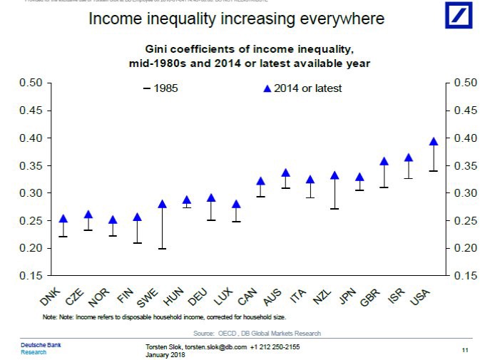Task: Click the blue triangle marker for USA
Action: coord(433,141)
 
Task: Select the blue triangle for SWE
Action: coord(162,204)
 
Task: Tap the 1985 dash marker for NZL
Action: coord(335,209)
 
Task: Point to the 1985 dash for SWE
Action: coord(162,249)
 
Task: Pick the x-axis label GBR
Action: coord(371,296)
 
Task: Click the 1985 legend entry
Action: coord(160,88)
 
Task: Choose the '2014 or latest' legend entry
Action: coord(302,88)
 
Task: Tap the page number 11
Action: coord(464,349)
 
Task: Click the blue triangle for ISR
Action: coord(409,158)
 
